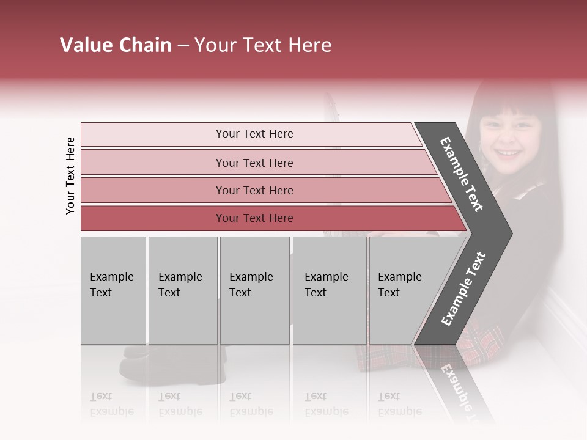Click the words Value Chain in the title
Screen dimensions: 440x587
(x=116, y=45)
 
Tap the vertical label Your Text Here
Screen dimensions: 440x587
(x=70, y=175)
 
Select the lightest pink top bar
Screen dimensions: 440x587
(x=254, y=134)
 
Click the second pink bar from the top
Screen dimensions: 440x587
(x=254, y=163)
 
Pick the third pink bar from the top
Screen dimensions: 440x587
(x=254, y=190)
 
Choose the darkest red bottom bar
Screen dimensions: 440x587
(x=254, y=218)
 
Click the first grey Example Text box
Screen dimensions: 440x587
(x=113, y=290)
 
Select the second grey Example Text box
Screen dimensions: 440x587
(x=182, y=290)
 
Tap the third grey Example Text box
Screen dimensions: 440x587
(x=254, y=290)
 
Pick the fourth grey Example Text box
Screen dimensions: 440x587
(x=330, y=290)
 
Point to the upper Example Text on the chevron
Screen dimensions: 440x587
(x=462, y=174)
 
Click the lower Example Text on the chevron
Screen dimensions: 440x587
(x=463, y=288)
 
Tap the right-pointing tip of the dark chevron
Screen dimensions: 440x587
(x=509, y=233)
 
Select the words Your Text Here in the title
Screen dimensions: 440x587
(x=263, y=45)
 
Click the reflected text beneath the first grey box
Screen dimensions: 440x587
(x=112, y=403)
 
